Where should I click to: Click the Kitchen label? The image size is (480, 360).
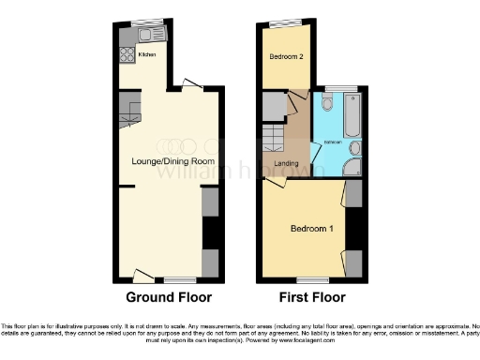(x=147, y=55)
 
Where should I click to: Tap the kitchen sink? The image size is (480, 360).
(x=149, y=35)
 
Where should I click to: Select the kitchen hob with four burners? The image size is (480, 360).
(x=127, y=55)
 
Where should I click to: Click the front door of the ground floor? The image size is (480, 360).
(x=142, y=275)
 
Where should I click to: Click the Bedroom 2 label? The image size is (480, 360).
(x=286, y=57)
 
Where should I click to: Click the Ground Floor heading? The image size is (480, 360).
(x=168, y=297)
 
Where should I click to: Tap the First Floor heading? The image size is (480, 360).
(x=309, y=297)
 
